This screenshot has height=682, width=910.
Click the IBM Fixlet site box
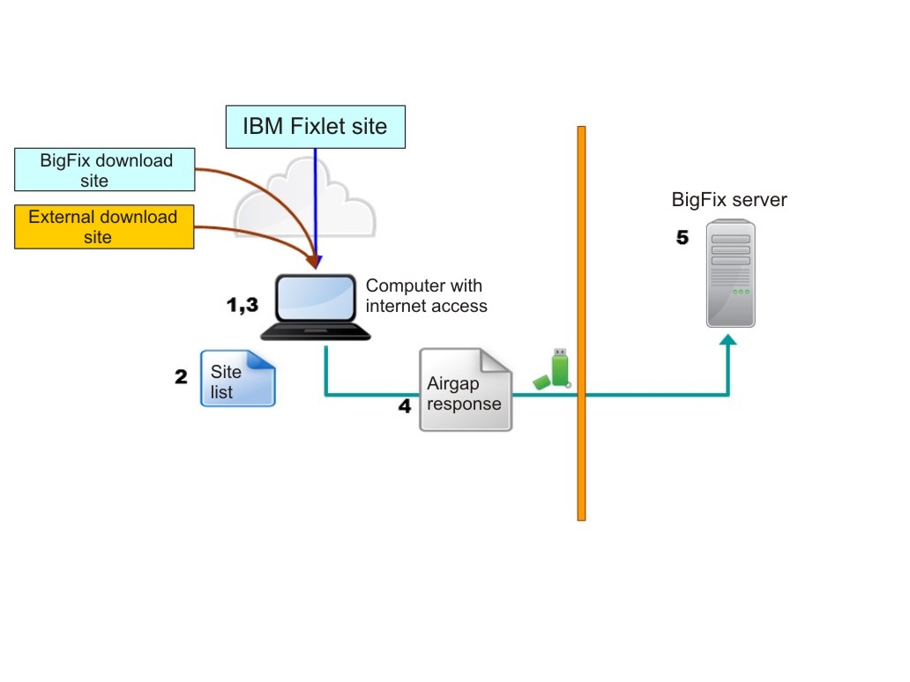tap(316, 127)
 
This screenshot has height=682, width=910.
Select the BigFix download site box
tap(105, 170)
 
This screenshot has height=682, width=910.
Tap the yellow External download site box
tap(104, 226)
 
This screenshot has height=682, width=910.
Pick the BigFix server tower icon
tap(731, 273)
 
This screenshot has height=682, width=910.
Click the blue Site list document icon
tap(238, 378)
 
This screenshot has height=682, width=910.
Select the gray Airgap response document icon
tap(466, 389)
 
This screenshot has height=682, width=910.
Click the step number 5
tap(682, 238)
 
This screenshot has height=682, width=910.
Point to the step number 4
tap(405, 407)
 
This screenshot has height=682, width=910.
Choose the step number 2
tap(182, 377)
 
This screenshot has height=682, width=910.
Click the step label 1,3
tap(242, 305)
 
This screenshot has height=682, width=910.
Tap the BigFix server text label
tap(729, 200)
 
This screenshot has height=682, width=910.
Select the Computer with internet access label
tap(426, 296)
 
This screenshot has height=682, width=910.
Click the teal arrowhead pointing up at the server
tap(729, 342)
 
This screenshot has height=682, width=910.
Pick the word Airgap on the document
tap(452, 384)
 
